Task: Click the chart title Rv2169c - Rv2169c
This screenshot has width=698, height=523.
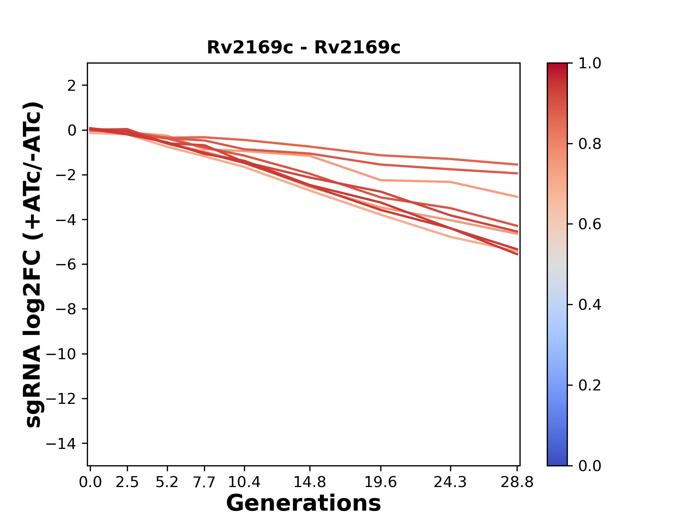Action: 304,48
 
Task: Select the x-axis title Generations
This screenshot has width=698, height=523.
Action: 304,503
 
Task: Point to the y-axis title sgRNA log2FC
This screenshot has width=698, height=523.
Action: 34,264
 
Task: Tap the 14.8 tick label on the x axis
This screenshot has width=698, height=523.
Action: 309,482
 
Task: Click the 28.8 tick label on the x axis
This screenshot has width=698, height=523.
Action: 517,482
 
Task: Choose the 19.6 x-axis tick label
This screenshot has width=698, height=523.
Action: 381,482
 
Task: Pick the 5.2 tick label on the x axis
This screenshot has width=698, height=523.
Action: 167,482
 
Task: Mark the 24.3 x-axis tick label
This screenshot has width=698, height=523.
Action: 450,482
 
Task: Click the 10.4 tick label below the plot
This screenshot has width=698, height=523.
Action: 244,482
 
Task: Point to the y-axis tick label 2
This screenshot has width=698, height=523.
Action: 72,85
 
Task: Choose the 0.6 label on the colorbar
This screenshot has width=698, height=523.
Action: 590,224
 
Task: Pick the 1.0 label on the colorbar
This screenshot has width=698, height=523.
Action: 590,63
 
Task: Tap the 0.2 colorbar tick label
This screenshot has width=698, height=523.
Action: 590,385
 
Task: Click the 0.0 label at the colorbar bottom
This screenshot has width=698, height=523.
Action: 590,466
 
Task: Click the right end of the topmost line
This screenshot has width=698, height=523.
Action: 517,165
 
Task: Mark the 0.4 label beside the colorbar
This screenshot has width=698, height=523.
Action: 590,305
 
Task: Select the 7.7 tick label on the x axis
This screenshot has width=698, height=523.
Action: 204,482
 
